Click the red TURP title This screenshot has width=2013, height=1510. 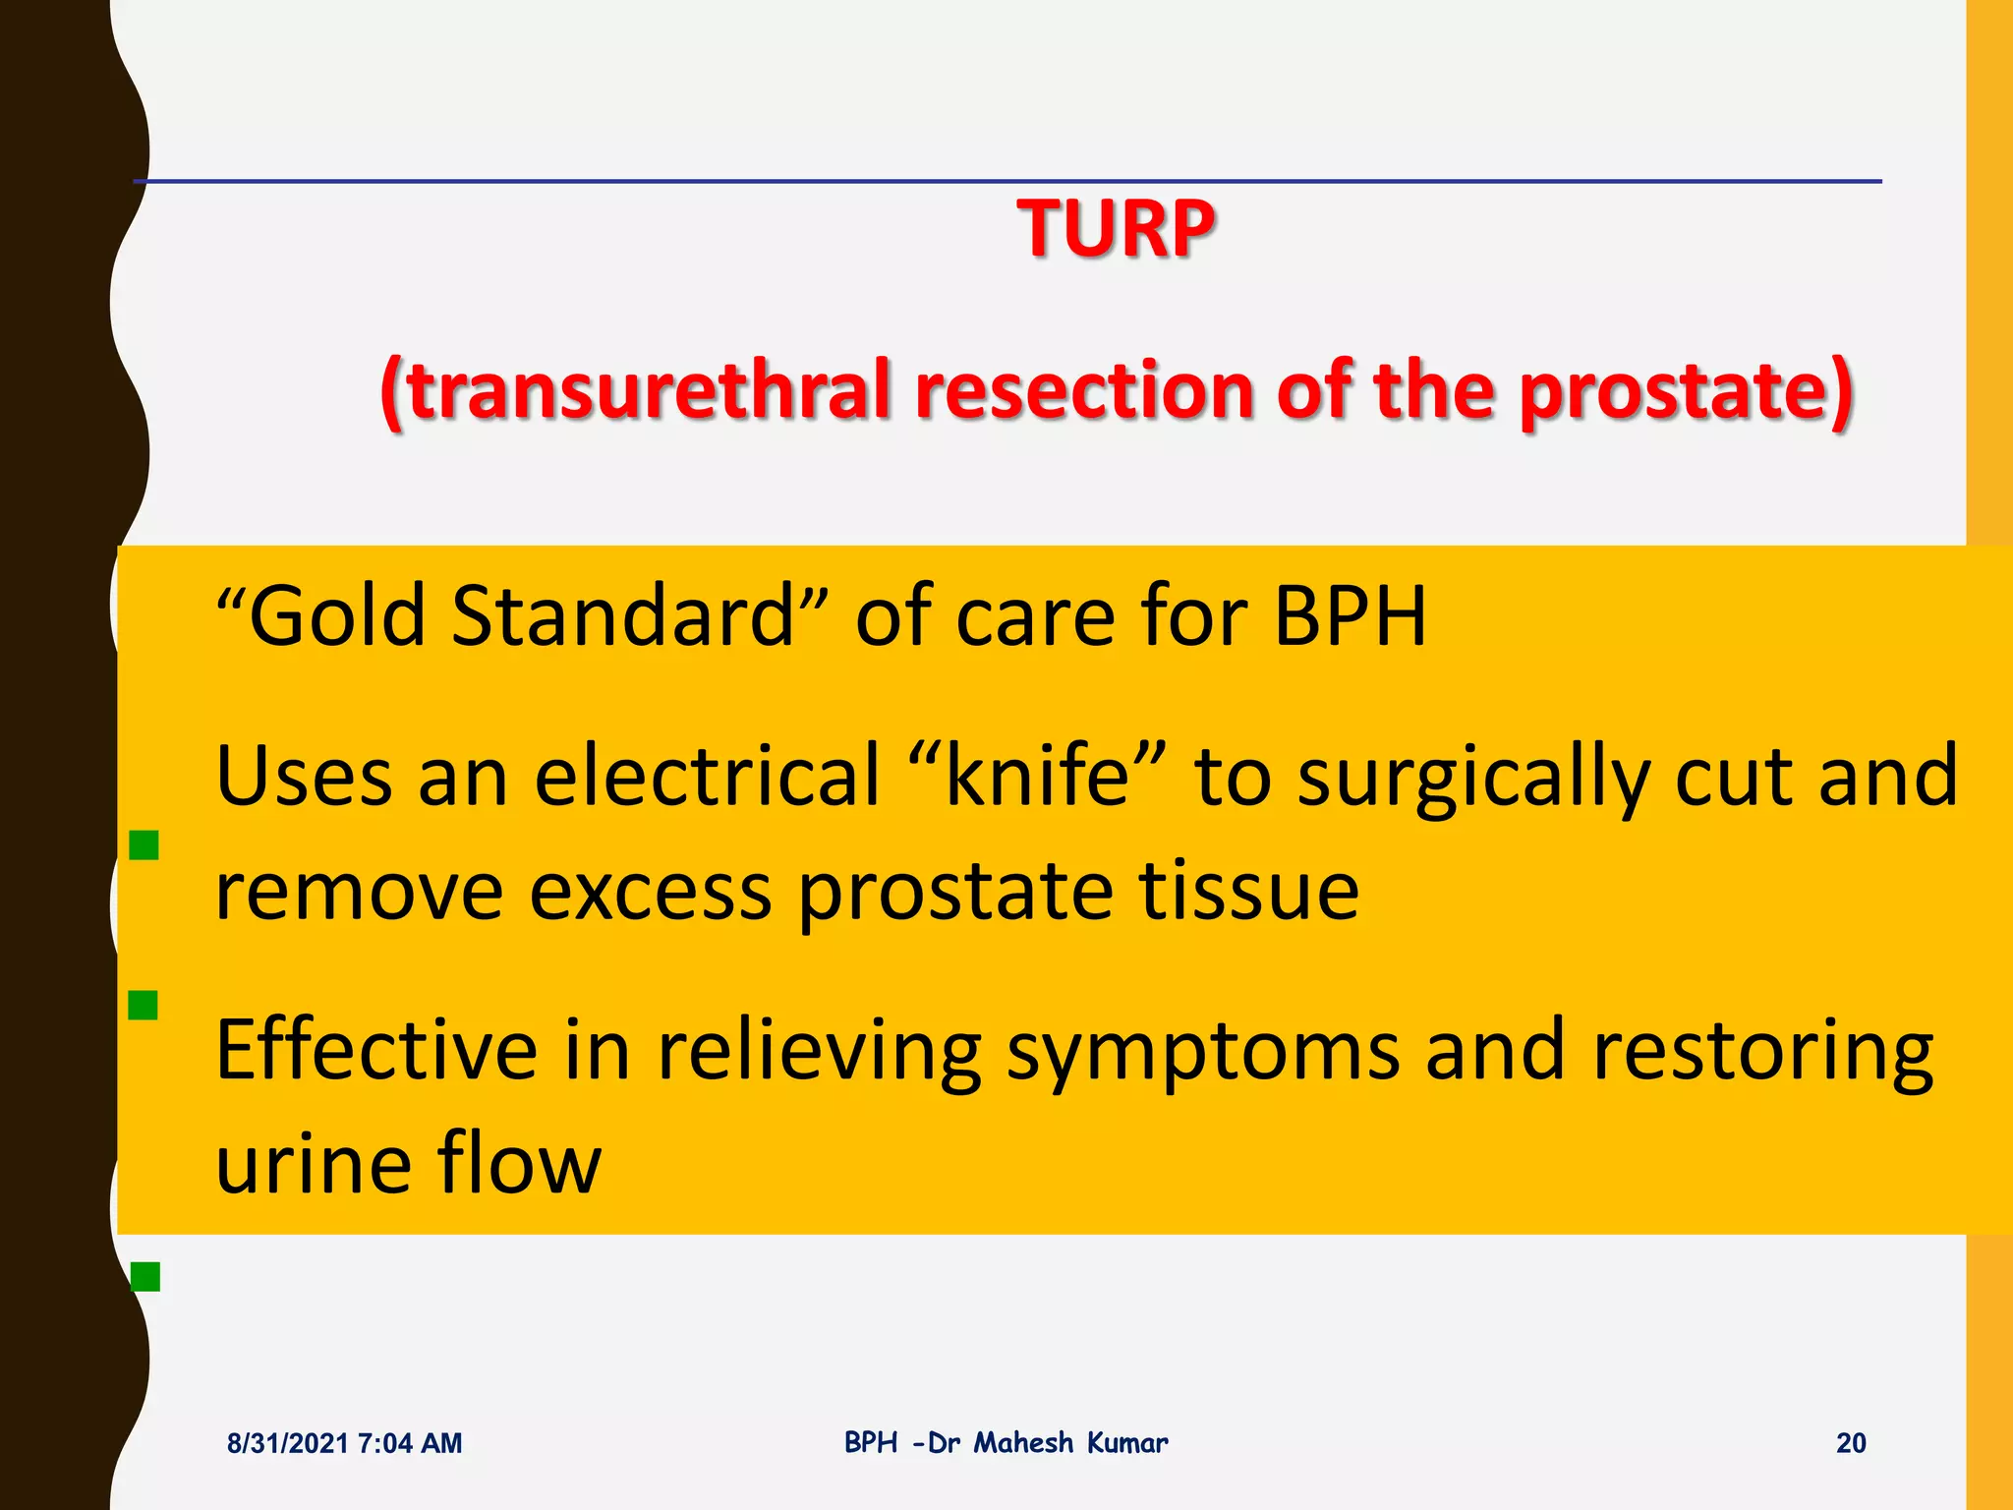coord(1116,229)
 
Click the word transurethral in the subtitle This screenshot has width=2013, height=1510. coord(649,390)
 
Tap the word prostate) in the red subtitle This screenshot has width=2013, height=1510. coord(1686,390)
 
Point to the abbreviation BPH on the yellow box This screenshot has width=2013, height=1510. coord(1349,615)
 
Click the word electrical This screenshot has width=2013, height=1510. coord(707,776)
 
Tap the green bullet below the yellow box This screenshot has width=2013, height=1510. coord(144,1276)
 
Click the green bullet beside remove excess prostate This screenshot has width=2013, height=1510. coord(144,844)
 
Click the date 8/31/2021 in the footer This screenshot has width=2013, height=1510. coord(287,1443)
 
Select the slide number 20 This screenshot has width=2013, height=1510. coord(1850,1443)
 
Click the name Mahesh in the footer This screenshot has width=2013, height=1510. coord(1023,1442)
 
